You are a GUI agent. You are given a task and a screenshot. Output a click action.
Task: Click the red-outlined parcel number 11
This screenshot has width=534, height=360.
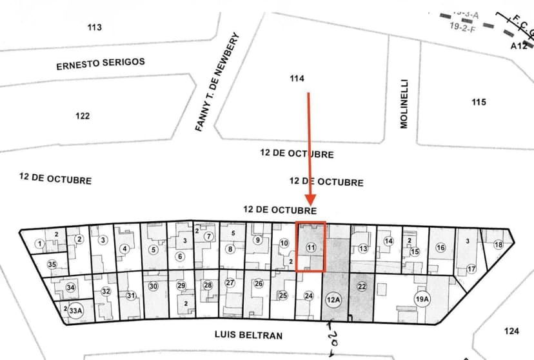(x=311, y=247)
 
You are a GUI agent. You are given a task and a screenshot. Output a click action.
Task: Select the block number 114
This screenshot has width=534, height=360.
(x=297, y=79)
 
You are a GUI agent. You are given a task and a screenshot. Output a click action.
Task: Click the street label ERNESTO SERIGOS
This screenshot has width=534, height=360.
(x=101, y=64)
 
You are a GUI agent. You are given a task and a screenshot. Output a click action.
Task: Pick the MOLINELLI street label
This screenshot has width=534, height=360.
(x=404, y=104)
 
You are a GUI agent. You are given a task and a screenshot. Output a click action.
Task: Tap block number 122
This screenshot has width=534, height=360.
(x=82, y=116)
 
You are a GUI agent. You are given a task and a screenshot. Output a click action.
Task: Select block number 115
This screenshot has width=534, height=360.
(x=479, y=103)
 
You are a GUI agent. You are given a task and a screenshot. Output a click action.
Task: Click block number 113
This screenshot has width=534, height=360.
(x=95, y=27)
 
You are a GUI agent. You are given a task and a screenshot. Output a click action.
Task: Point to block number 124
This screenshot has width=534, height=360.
(x=511, y=331)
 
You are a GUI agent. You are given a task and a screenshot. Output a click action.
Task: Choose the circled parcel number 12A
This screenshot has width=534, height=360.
(x=333, y=299)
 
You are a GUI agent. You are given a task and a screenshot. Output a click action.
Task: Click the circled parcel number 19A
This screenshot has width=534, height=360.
(x=422, y=299)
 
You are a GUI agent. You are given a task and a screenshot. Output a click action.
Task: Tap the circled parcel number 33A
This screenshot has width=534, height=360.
(x=76, y=310)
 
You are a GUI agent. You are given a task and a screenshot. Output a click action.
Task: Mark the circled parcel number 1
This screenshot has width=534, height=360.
(x=39, y=244)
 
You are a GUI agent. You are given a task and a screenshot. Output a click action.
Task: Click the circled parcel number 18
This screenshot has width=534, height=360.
(x=498, y=245)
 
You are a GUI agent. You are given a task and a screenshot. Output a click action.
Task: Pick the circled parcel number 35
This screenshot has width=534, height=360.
(x=52, y=265)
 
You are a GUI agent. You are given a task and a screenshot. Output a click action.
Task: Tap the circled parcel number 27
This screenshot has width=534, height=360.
(x=230, y=283)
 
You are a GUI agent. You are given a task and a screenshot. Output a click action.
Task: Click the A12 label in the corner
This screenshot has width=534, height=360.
(x=519, y=46)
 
